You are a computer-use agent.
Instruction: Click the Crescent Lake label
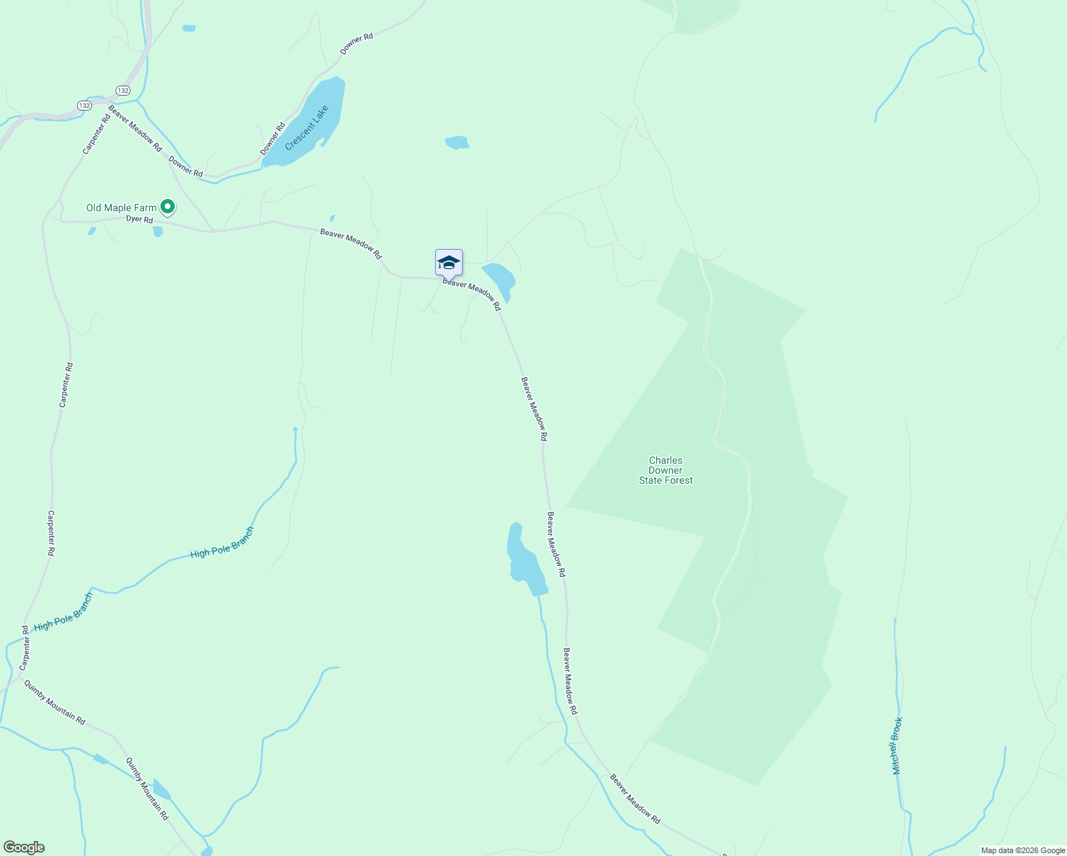(x=307, y=128)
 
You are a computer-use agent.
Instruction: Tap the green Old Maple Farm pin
(x=168, y=207)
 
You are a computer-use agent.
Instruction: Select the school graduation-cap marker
(x=449, y=263)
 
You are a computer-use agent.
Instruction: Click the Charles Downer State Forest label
(x=665, y=470)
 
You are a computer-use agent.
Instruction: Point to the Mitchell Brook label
(x=897, y=745)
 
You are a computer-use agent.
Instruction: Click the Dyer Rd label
(x=139, y=220)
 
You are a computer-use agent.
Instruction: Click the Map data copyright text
(x=1022, y=850)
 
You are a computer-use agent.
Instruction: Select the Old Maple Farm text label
(x=121, y=208)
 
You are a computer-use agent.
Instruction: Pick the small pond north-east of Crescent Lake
(x=457, y=143)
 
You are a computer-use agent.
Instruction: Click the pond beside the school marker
(x=499, y=280)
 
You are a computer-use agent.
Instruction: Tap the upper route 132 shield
(x=123, y=91)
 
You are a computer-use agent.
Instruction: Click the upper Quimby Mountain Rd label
(x=55, y=703)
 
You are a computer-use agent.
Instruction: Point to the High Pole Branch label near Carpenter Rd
(x=63, y=612)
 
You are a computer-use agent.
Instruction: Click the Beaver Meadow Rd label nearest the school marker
(x=471, y=294)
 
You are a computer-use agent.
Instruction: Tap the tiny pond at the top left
(x=188, y=29)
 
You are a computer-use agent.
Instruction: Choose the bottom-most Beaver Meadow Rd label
(x=635, y=800)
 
